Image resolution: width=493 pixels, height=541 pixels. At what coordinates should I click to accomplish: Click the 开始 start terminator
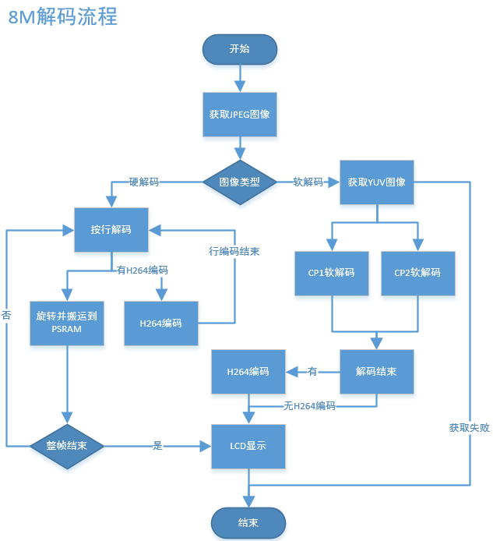(x=239, y=49)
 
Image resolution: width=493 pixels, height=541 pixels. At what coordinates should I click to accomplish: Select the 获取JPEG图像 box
(x=239, y=114)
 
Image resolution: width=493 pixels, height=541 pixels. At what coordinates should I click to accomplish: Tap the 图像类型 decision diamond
(x=239, y=182)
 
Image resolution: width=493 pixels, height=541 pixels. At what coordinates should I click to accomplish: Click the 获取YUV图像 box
(x=376, y=182)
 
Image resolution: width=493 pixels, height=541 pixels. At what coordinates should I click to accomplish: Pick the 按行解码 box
(x=111, y=230)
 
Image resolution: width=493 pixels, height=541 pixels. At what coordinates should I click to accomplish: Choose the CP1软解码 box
(x=332, y=273)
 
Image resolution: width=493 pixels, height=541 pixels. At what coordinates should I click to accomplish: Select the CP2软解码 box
(x=417, y=273)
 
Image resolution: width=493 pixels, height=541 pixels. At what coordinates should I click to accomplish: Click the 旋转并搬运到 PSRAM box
(x=67, y=322)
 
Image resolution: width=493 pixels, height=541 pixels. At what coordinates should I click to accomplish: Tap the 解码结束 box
(x=376, y=371)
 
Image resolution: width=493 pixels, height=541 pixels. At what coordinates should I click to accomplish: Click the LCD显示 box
(x=248, y=447)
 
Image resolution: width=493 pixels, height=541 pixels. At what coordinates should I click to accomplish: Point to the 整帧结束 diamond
(x=67, y=447)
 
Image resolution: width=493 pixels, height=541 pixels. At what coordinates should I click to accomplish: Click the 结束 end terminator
(x=248, y=522)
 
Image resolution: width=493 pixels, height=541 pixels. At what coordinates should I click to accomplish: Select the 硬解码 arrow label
(x=144, y=182)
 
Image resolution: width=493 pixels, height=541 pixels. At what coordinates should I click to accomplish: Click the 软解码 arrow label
(x=308, y=182)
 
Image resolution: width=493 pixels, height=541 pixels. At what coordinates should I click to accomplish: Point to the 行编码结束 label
(x=234, y=252)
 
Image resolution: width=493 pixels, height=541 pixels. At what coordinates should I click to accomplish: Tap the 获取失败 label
(x=470, y=428)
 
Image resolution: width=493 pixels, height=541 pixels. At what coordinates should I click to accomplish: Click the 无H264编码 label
(x=309, y=406)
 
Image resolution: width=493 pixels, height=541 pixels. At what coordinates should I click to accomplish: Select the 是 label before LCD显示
(x=158, y=447)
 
